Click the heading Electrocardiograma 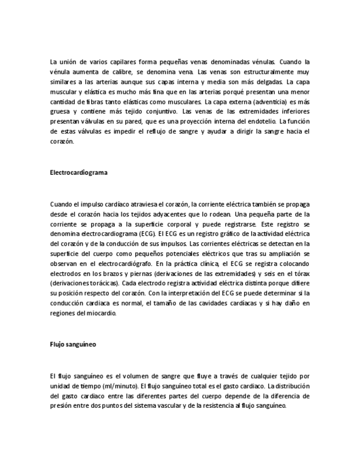click(79, 172)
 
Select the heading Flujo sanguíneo click(73, 345)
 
